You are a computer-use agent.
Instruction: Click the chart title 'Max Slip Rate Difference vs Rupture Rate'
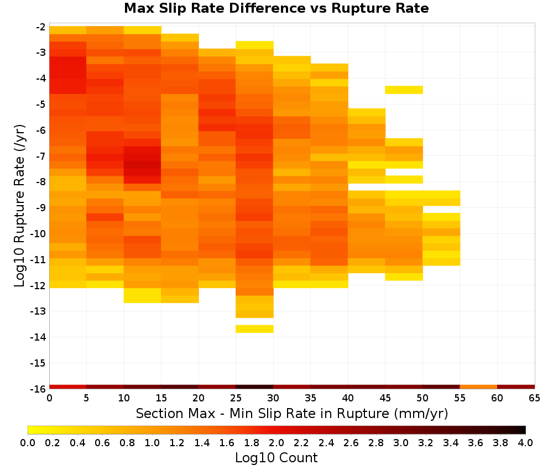click(x=276, y=8)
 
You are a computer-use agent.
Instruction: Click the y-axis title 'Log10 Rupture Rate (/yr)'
click(x=19, y=206)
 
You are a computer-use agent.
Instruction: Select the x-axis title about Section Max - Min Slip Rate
click(x=291, y=413)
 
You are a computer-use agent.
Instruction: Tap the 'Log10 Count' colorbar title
click(x=276, y=458)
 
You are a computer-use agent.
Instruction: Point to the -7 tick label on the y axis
click(x=40, y=156)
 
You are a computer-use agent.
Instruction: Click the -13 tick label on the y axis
click(x=38, y=311)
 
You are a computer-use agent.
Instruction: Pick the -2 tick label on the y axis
click(x=40, y=27)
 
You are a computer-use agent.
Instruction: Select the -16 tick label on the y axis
click(x=38, y=389)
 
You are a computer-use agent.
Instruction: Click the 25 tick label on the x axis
click(x=236, y=398)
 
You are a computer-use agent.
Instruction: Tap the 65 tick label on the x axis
click(x=534, y=398)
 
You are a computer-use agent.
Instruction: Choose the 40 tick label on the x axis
click(x=348, y=398)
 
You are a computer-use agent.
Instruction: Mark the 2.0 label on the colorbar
click(x=276, y=442)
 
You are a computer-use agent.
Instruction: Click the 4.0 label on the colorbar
click(x=525, y=442)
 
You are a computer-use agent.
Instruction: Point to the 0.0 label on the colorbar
click(x=28, y=442)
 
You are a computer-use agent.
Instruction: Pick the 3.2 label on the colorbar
click(x=426, y=442)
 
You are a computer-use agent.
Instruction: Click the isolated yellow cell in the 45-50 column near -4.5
click(x=404, y=90)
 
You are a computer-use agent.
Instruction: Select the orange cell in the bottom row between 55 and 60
click(x=478, y=387)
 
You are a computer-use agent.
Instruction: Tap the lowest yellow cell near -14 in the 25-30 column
click(x=254, y=329)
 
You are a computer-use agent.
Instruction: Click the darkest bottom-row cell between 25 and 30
click(x=254, y=387)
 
